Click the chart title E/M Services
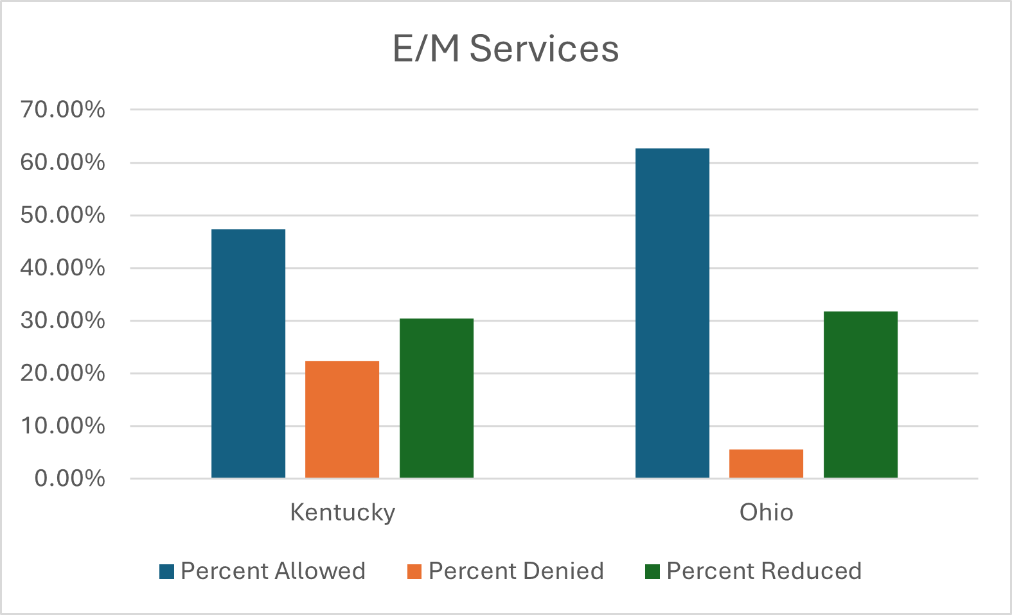pyautogui.click(x=506, y=49)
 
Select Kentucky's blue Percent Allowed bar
pyautogui.click(x=248, y=354)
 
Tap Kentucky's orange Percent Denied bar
pyautogui.click(x=342, y=419)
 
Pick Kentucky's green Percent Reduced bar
pyautogui.click(x=436, y=398)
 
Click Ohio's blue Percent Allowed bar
pyautogui.click(x=672, y=313)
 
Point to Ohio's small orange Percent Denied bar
pyautogui.click(x=766, y=463)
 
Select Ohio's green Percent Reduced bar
pyautogui.click(x=860, y=395)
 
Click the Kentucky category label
pyautogui.click(x=342, y=512)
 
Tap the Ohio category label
pyautogui.click(x=766, y=512)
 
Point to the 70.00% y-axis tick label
pyautogui.click(x=62, y=110)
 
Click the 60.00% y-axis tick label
pyautogui.click(x=62, y=162)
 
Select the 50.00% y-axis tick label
pyautogui.click(x=62, y=215)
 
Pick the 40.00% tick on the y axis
pyautogui.click(x=62, y=268)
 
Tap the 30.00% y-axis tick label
pyautogui.click(x=62, y=320)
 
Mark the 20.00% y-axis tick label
pyautogui.click(x=62, y=373)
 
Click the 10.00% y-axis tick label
pyautogui.click(x=62, y=426)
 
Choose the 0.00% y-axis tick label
pyautogui.click(x=69, y=478)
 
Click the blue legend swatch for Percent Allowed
pyautogui.click(x=167, y=571)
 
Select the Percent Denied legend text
pyautogui.click(x=516, y=571)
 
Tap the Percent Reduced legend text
pyautogui.click(x=764, y=571)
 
